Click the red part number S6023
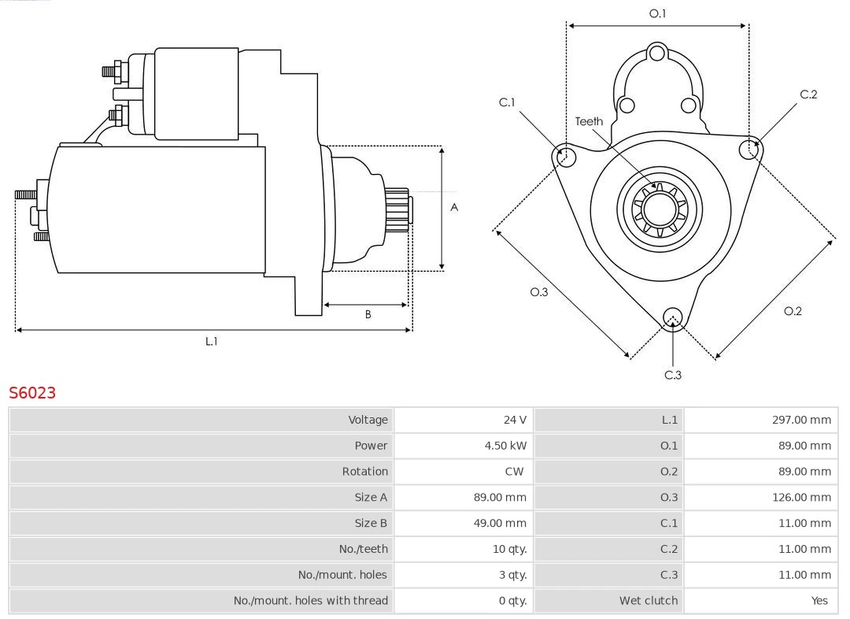[x=32, y=392]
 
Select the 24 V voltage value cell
[x=515, y=420]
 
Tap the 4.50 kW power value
[x=505, y=446]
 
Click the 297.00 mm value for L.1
[x=801, y=420]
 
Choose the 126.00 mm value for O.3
[x=801, y=497]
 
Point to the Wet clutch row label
[x=648, y=600]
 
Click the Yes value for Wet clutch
[x=819, y=600]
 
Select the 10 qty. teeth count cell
[x=509, y=549]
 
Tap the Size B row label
[x=371, y=523]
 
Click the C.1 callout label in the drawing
[x=507, y=102]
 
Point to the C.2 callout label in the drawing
[x=808, y=95]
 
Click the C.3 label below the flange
[x=673, y=375]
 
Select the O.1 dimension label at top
[x=657, y=13]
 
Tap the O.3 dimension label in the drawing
[x=538, y=292]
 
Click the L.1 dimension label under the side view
[x=212, y=341]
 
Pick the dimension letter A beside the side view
[x=454, y=208]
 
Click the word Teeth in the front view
[x=589, y=121]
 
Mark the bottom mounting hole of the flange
[x=672, y=317]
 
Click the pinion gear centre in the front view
[x=660, y=209]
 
